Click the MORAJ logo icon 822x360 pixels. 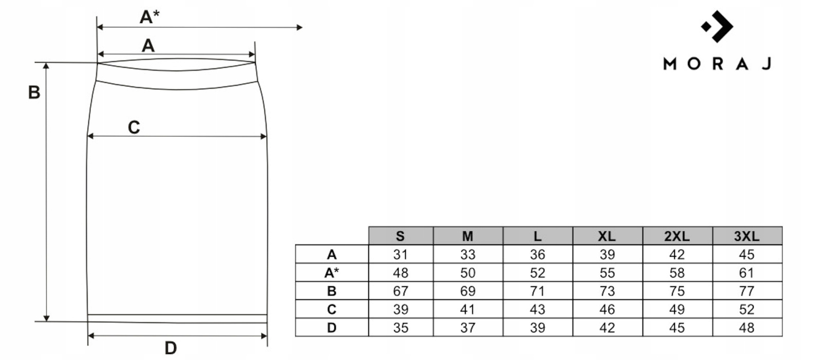tap(717, 26)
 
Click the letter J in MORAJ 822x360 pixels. tap(767, 64)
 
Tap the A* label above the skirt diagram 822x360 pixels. tap(150, 17)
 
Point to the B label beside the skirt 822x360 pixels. tap(34, 92)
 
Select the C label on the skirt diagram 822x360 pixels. tap(134, 127)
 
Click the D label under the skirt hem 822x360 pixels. tap(171, 348)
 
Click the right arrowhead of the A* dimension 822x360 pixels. tap(300, 27)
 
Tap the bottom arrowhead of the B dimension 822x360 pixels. tap(46, 318)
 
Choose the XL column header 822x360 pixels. tap(607, 236)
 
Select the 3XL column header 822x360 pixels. tap(747, 236)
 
